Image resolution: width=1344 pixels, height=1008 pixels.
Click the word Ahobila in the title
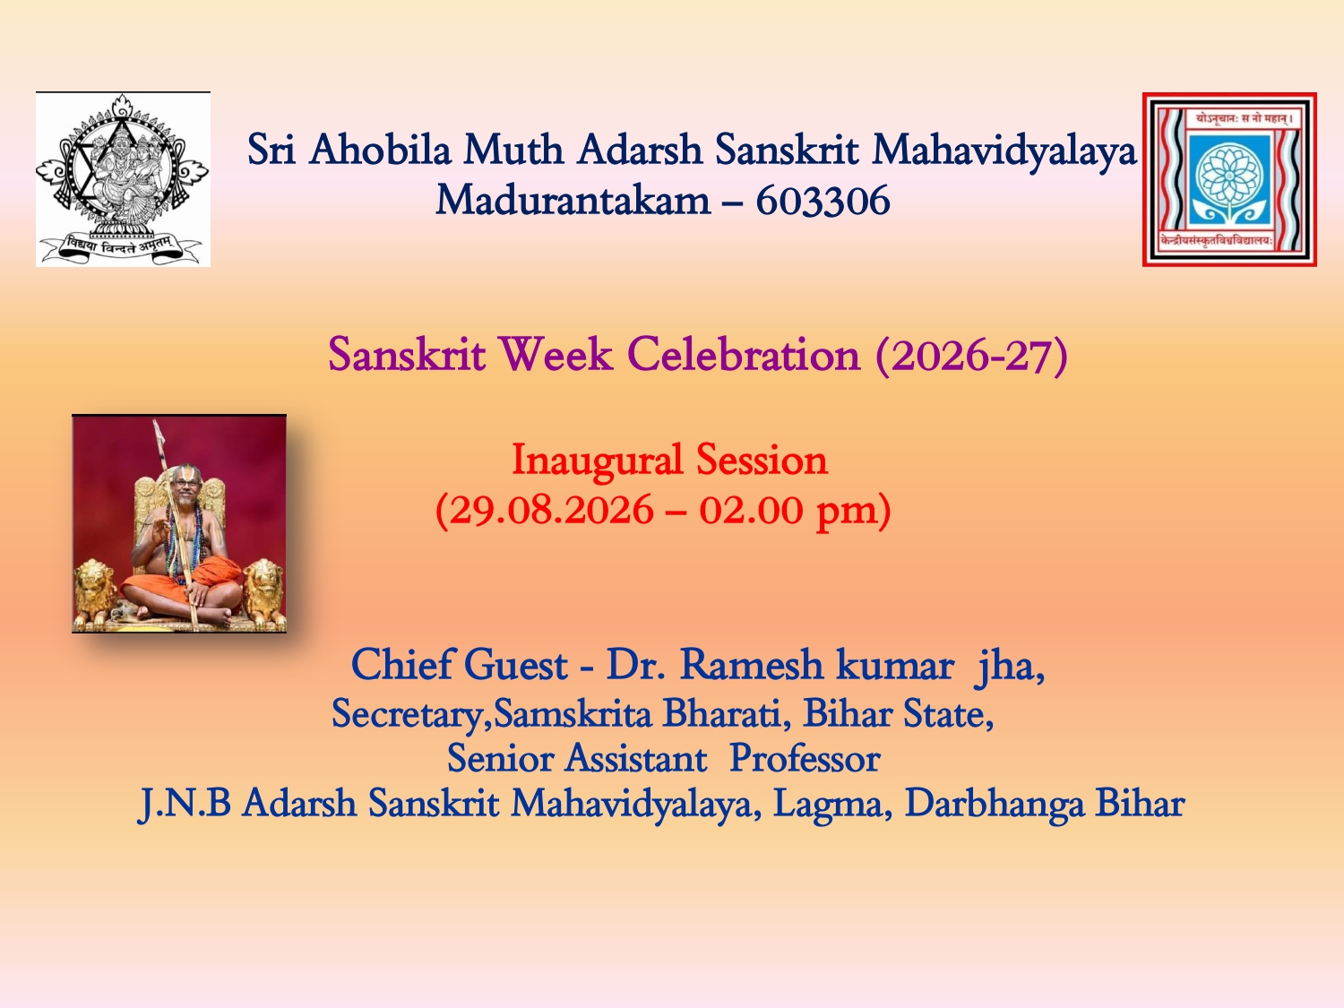[x=380, y=149]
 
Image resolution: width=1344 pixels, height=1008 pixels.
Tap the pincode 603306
[x=823, y=200]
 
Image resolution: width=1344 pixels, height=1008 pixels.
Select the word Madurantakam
[x=573, y=200]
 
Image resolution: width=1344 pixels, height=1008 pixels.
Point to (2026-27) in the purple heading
[x=972, y=355]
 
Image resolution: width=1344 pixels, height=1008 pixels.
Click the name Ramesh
[x=751, y=664]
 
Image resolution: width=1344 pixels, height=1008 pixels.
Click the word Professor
[x=805, y=758]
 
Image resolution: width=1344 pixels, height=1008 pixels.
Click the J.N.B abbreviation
[x=185, y=803]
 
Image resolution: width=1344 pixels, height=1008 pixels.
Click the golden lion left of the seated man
[x=95, y=592]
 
